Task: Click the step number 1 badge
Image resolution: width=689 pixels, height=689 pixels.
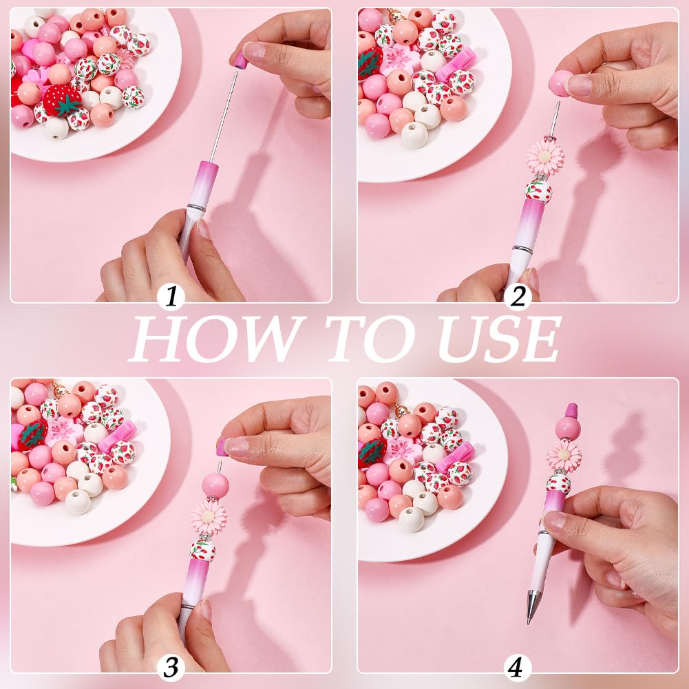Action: (x=171, y=297)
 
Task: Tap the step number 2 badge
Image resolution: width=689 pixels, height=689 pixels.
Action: (x=518, y=297)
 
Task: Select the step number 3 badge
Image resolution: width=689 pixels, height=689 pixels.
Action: (x=171, y=668)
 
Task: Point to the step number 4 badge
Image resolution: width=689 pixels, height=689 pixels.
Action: (x=518, y=668)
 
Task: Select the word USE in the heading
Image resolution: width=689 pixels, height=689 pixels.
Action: (x=499, y=339)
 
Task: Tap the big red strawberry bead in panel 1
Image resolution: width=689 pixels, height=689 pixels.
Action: (x=63, y=100)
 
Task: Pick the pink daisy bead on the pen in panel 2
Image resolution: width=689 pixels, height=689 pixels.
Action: (x=545, y=158)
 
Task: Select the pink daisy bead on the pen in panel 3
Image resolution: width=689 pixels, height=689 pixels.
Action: (x=209, y=518)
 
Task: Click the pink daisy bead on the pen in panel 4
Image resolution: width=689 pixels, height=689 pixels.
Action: (x=564, y=455)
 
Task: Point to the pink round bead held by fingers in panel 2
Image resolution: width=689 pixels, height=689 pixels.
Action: (x=559, y=83)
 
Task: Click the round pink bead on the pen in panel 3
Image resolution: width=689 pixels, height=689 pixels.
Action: (x=215, y=485)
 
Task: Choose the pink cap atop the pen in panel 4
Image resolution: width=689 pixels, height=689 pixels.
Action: (x=571, y=411)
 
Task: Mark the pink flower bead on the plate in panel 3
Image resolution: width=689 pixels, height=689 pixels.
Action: (x=64, y=431)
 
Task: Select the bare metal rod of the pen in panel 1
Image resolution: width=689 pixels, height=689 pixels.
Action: (x=224, y=116)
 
